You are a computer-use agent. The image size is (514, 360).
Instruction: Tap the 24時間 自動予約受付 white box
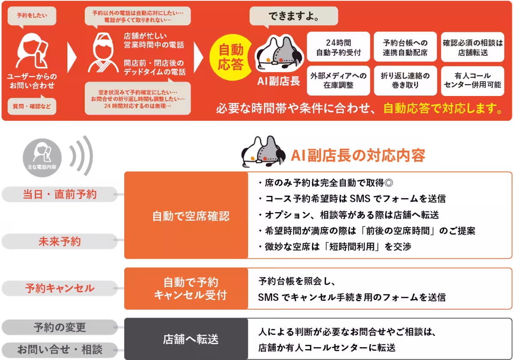pos(338,48)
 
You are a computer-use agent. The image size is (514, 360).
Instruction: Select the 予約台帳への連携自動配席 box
pos(405,48)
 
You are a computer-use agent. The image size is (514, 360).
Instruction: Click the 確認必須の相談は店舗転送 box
pos(472,48)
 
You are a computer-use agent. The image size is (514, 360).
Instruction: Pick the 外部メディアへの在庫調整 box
pos(338,80)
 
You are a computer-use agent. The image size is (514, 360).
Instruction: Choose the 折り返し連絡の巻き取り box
pos(405,80)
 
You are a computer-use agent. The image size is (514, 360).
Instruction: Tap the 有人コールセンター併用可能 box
pos(472,80)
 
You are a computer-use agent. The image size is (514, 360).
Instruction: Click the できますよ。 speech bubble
pos(294,18)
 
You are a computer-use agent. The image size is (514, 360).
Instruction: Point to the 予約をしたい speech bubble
pos(33,16)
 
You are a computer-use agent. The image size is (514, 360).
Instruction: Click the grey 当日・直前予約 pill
pos(59,195)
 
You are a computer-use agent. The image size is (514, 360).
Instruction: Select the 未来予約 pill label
pos(59,242)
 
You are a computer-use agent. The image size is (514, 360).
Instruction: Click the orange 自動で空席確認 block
pos(186,216)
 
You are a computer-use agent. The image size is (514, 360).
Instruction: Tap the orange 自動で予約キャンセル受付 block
pos(186,288)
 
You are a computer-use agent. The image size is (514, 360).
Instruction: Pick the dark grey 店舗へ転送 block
pos(186,339)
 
